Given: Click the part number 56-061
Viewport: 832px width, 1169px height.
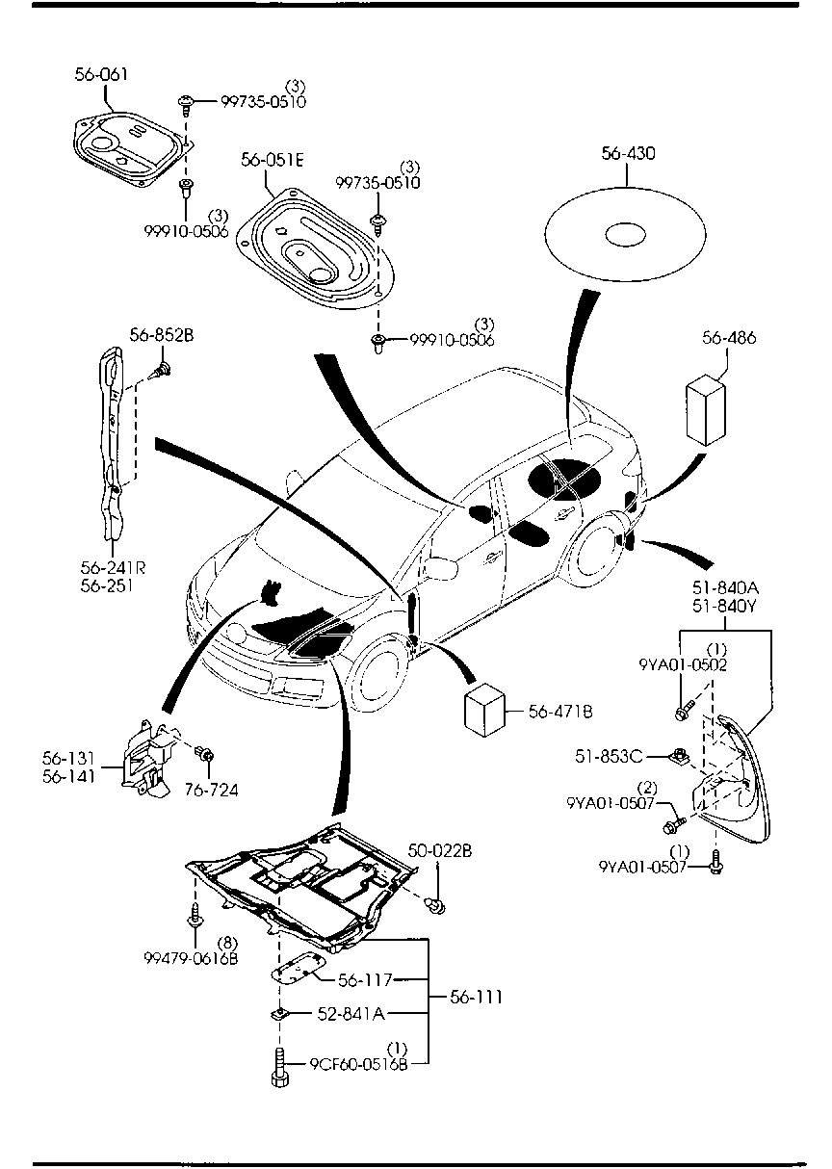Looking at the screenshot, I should point(101,74).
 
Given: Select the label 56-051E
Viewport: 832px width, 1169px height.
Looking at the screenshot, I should point(273,161).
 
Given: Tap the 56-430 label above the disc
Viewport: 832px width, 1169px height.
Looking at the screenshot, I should point(628,153).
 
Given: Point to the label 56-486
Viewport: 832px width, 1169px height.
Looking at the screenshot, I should point(729,338).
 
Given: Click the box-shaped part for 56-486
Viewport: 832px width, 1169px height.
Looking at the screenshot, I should point(706,412).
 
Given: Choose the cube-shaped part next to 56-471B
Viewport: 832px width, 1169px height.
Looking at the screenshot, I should point(487,713).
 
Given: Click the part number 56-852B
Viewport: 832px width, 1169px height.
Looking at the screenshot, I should point(162,335).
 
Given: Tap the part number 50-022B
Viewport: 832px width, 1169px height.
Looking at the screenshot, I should point(440,850).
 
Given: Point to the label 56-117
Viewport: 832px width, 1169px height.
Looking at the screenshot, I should point(365,980).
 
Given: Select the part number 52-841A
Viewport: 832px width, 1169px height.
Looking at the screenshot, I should point(351,1013).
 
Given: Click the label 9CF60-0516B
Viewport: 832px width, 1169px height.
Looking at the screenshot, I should point(359,1064).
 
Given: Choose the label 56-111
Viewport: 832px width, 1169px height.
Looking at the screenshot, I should point(476,997).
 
